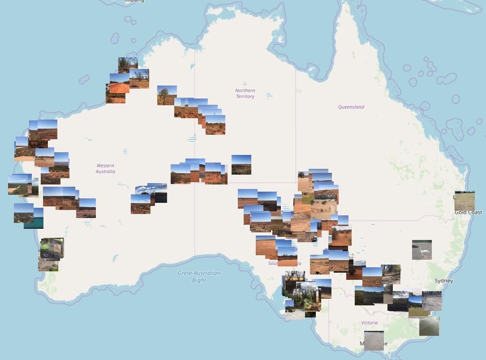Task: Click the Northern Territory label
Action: point(245,93)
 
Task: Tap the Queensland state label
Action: point(351,107)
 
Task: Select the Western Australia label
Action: point(106,168)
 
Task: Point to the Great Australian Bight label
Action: point(199,277)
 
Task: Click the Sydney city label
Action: point(443,281)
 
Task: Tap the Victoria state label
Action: point(370,322)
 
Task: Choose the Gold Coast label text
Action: point(469,212)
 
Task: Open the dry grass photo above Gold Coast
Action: point(464,201)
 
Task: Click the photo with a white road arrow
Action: point(422,250)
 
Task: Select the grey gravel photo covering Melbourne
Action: point(374,340)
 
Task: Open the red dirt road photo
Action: point(120,84)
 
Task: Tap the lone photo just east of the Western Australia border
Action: point(241,164)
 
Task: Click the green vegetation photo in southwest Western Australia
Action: point(52,249)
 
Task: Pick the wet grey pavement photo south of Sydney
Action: point(429,326)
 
